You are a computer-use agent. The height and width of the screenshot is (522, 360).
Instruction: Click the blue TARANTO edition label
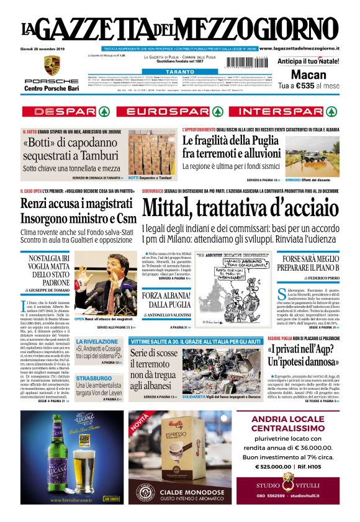180,72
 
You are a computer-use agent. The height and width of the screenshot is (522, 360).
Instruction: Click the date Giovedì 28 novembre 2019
46,48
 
